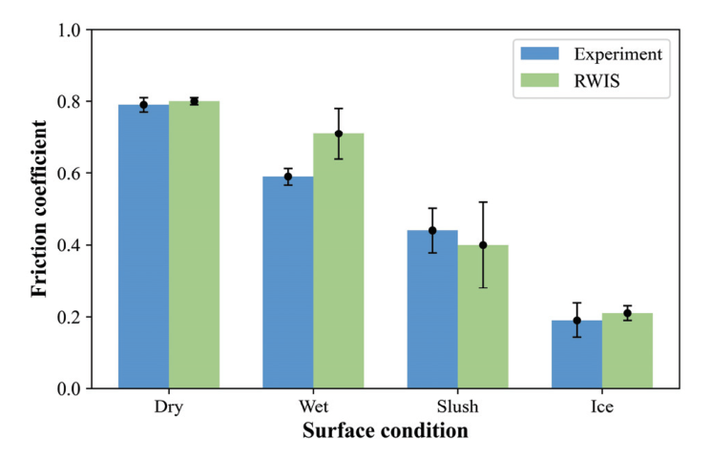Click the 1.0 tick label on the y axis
coord(67,30)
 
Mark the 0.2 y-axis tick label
coord(67,317)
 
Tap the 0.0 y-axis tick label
coord(67,389)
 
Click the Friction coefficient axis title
coord(39,208)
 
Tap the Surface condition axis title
coord(386,431)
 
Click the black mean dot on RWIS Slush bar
coord(483,245)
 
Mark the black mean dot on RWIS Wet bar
coord(339,134)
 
